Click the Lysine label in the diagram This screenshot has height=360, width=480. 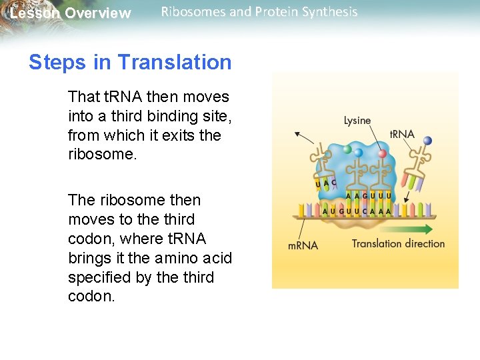[x=357, y=121]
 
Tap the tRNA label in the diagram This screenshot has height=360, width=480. [x=402, y=134]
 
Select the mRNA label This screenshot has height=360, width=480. [x=303, y=245]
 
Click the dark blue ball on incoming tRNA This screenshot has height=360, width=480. [x=427, y=141]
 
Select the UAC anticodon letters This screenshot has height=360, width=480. [x=325, y=183]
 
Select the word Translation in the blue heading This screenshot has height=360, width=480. [x=175, y=63]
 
